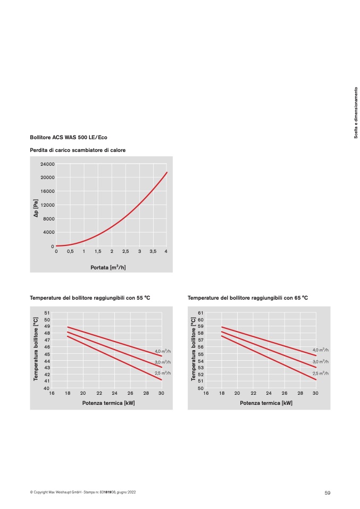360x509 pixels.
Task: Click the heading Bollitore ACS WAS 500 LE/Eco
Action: point(69,137)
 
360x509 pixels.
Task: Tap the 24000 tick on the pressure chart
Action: point(47,164)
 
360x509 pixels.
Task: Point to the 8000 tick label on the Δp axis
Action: point(49,219)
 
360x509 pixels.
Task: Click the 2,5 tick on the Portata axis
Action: point(125,252)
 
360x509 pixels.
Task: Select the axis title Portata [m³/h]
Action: point(108,267)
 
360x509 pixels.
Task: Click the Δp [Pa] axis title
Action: point(36,208)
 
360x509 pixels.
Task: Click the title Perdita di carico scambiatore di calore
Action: point(78,150)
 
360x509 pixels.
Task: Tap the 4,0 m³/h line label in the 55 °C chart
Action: point(163,351)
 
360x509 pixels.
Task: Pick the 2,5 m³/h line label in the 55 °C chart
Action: point(163,374)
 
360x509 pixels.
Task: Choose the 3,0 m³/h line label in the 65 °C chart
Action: point(321,362)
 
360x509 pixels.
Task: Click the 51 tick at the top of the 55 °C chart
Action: point(47,313)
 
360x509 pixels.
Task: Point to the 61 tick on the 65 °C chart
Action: point(201,313)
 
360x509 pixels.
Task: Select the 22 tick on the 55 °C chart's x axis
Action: point(99,393)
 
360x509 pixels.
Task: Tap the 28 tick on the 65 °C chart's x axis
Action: point(300,393)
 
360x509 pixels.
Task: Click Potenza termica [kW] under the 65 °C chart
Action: point(266,403)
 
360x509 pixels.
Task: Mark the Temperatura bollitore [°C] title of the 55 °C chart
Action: point(36,349)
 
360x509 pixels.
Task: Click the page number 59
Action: point(328,493)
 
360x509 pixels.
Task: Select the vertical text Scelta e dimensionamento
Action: point(356,113)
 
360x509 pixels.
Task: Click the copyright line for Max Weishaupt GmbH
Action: point(83,492)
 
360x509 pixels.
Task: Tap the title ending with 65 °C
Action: point(248,298)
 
